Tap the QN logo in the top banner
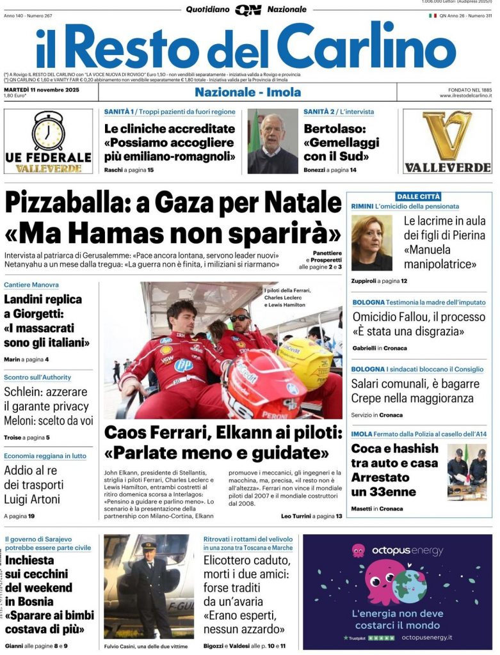click(248, 10)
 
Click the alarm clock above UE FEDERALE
click(49, 130)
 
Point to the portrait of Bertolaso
click(273, 141)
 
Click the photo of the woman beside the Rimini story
click(371, 242)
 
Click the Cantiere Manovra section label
click(31, 285)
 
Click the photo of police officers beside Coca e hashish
click(467, 471)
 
